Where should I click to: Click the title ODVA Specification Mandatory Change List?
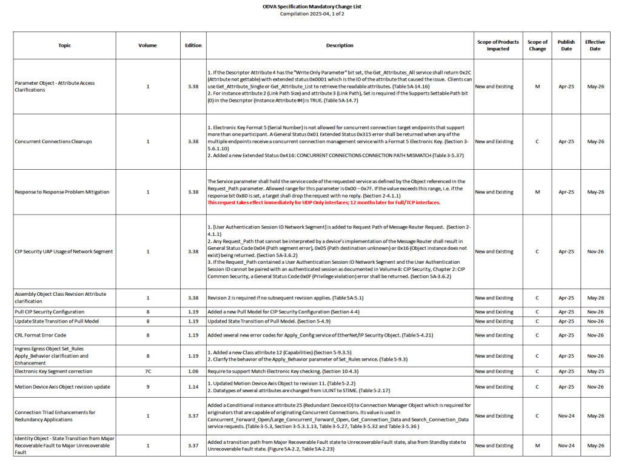310,6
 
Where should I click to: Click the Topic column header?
64,45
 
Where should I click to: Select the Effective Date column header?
594,45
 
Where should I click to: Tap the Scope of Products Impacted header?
498,45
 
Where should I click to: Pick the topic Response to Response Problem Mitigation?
62,192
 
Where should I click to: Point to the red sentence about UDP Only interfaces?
324,202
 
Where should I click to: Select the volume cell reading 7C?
147,371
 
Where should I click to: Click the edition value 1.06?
193,371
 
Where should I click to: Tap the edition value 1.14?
193,387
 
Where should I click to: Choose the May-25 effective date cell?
594,371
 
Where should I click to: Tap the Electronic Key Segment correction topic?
53,371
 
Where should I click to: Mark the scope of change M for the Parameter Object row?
537,87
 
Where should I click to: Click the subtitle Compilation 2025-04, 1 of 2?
310,13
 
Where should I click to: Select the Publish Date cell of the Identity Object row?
566,446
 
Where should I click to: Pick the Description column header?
340,45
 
